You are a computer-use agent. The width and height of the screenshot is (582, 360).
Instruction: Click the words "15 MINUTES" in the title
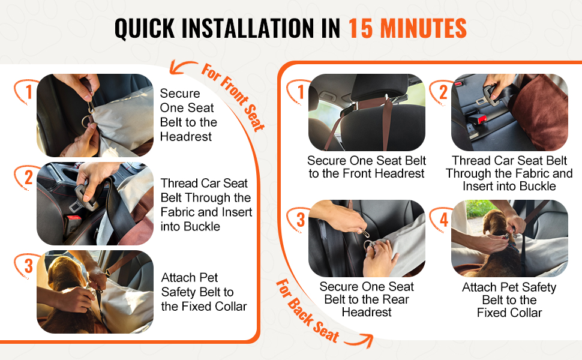[407, 28]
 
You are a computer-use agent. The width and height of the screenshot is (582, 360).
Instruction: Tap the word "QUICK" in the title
[145, 29]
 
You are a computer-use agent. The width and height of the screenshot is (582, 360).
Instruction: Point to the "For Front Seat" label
[233, 97]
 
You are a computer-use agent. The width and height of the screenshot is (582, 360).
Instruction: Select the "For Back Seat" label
[308, 311]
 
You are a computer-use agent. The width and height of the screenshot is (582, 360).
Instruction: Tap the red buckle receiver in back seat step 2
[478, 120]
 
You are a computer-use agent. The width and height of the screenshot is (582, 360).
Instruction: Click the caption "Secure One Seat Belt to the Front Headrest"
[367, 167]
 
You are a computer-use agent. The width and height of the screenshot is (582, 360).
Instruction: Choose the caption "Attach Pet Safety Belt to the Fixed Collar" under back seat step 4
[509, 300]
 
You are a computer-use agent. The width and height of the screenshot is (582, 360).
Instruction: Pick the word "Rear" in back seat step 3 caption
[396, 299]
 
